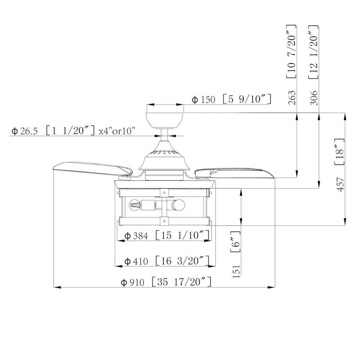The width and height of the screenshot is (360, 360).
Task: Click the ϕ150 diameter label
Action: pos(203,100)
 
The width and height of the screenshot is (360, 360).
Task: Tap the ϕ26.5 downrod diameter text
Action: pos(24,131)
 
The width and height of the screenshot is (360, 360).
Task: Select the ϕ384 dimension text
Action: pos(136,236)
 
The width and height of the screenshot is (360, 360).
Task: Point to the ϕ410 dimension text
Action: pos(136,261)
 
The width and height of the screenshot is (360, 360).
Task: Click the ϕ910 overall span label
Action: pos(132,283)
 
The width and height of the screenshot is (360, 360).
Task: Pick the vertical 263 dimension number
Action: pos(292,98)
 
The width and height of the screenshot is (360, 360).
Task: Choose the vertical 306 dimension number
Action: pos(314,98)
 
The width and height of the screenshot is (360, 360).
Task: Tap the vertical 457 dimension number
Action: pos(340,184)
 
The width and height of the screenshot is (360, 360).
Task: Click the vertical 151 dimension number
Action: pos(236,271)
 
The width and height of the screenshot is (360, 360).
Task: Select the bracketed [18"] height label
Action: pos(340,152)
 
